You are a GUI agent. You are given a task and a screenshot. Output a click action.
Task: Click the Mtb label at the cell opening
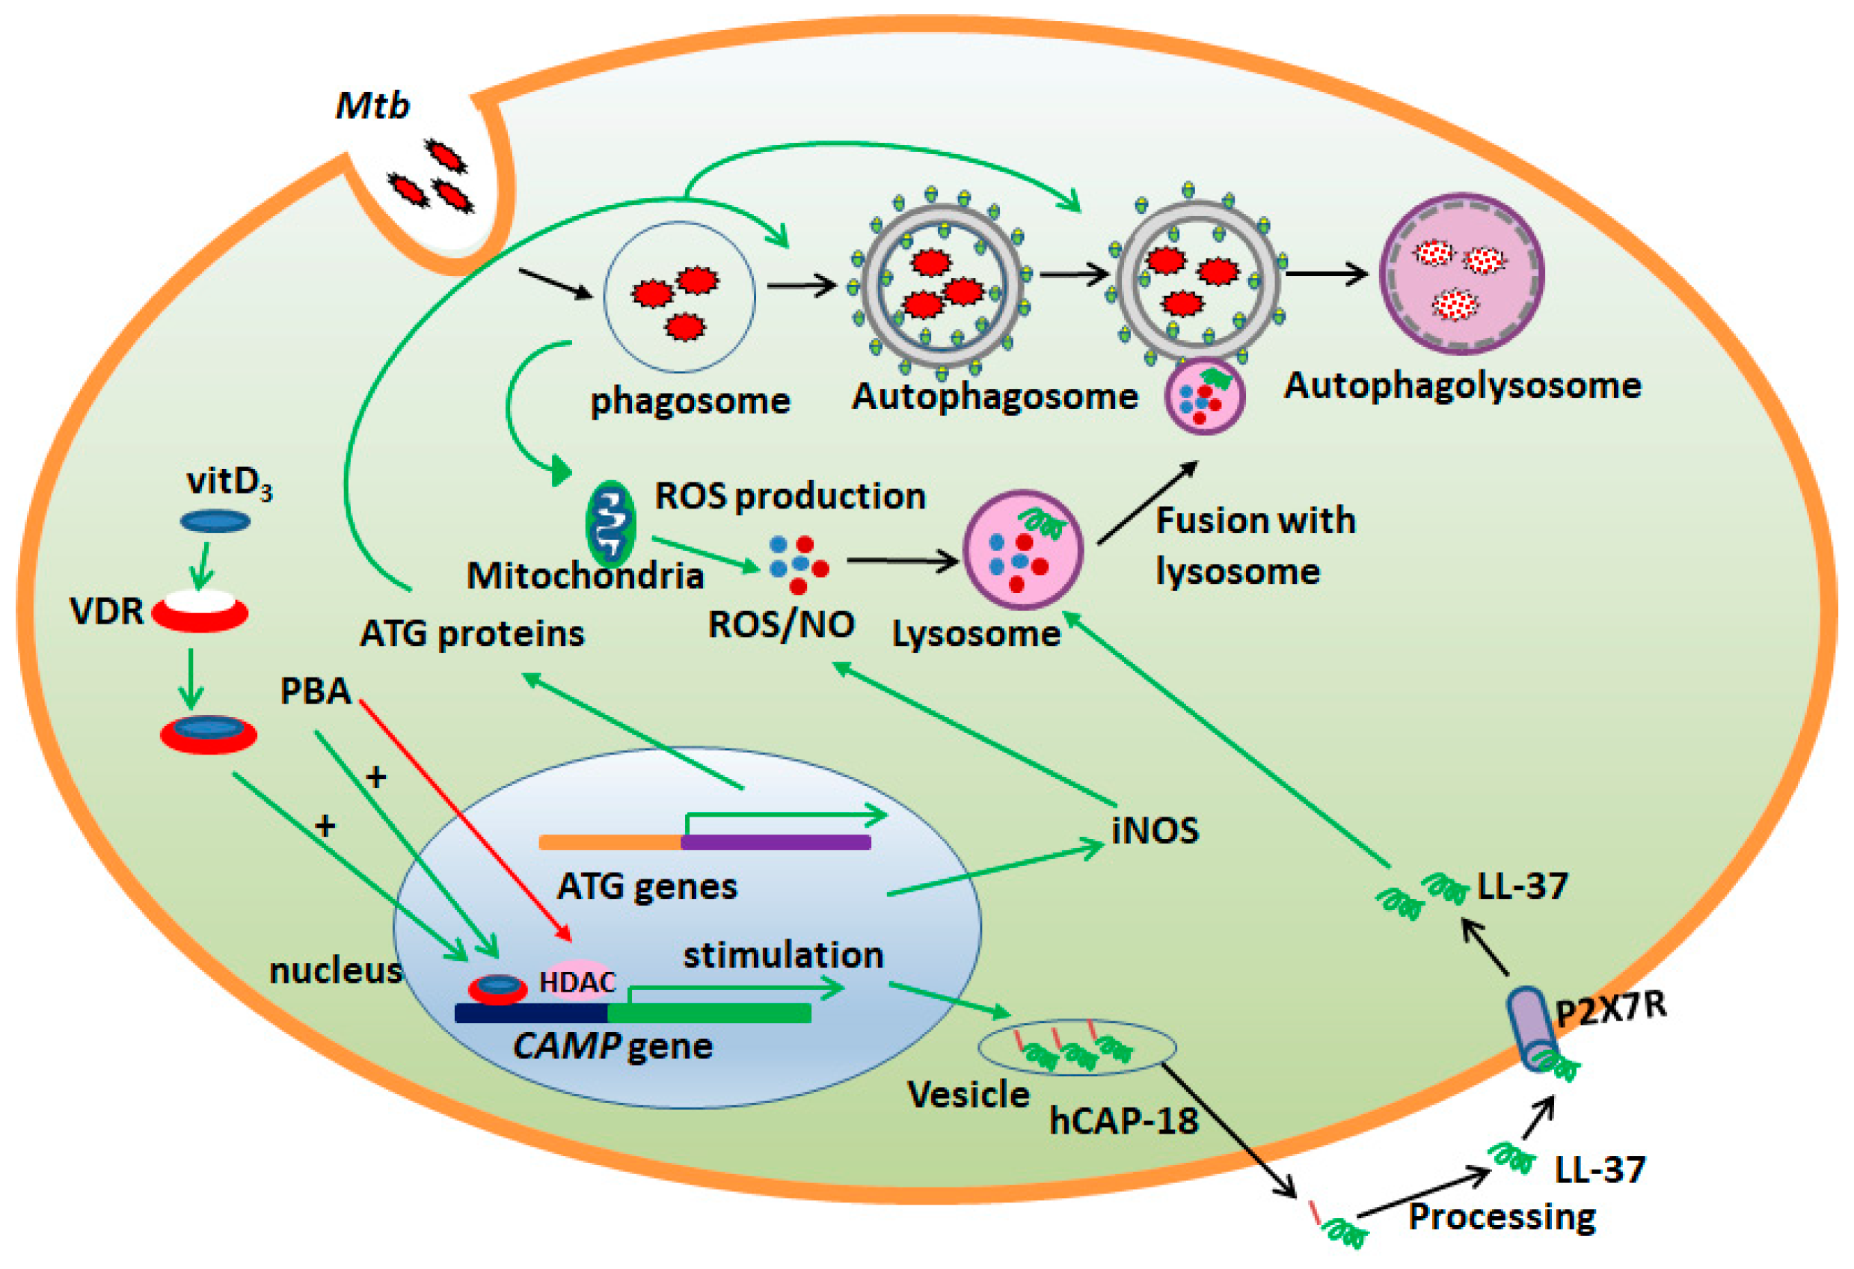coord(372,106)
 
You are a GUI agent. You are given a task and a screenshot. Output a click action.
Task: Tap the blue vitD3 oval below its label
coord(215,522)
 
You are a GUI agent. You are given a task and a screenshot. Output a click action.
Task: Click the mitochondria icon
coord(610,524)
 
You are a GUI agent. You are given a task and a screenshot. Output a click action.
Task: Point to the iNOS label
coord(1155,831)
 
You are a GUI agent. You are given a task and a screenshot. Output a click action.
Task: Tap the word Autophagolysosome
coord(1461,385)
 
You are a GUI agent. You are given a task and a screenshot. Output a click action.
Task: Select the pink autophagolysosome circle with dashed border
coord(1461,274)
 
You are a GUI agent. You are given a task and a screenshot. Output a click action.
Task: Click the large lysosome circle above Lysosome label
coord(1023,550)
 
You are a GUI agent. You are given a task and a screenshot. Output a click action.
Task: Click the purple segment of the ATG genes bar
coord(776,842)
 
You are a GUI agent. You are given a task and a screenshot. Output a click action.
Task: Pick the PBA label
coord(315,691)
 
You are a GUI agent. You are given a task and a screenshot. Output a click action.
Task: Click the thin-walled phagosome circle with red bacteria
coord(679,297)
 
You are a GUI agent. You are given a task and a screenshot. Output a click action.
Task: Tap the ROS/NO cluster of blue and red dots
coord(798,564)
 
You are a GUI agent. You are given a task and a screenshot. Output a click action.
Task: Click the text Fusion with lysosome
coord(1254,546)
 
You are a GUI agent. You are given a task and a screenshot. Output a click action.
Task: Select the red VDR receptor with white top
coord(200,612)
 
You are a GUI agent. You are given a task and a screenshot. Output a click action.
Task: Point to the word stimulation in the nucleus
coord(782,955)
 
